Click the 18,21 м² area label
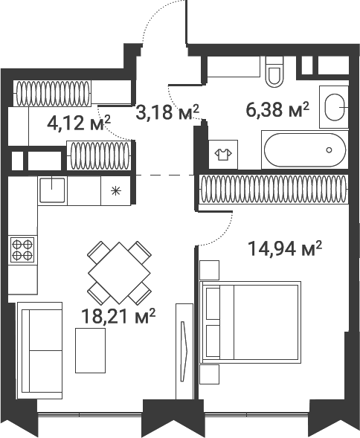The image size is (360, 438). coord(118,316)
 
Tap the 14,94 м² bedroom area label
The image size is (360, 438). coord(285,248)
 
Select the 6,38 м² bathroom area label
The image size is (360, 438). coord(277,110)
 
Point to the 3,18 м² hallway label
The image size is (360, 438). coord(167,112)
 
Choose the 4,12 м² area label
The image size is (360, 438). coord(79,123)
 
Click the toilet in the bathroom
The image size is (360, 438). coord(274,71)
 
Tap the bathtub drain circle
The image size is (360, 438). coord(330,150)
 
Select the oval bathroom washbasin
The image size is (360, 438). coord(335,107)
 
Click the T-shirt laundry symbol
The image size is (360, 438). coord(223,154)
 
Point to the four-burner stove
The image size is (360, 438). coord(22,250)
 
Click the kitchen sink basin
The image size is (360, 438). coord(52,190)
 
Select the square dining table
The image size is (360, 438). coord(119,273)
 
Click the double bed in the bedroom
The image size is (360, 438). coord(251,322)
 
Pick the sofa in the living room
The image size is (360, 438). coord(39,350)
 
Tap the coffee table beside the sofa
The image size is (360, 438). coord(90,350)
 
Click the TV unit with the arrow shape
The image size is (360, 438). coord(184,351)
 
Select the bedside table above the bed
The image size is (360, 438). coord(210,270)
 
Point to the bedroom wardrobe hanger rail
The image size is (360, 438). coord(274,189)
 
